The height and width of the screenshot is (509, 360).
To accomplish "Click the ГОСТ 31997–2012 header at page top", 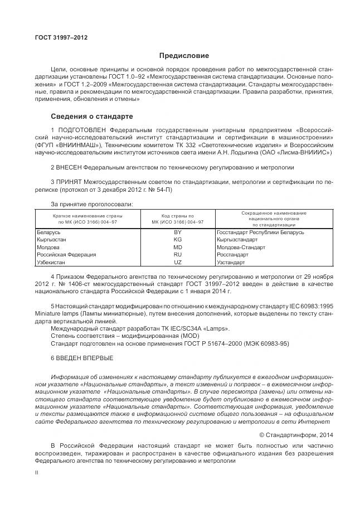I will [61, 37].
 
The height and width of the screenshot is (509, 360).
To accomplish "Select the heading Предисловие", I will [184, 56].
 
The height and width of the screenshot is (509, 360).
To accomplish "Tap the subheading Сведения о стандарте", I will [92, 117].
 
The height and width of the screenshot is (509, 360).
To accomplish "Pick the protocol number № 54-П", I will [162, 190].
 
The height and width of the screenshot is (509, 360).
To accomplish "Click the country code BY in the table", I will [178, 232].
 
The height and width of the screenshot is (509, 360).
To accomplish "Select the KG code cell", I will [178, 239].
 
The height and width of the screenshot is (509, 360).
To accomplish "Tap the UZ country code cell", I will [178, 261].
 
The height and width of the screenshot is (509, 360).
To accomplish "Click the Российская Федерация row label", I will [66, 254].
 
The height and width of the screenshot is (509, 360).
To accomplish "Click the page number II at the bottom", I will [36, 472].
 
